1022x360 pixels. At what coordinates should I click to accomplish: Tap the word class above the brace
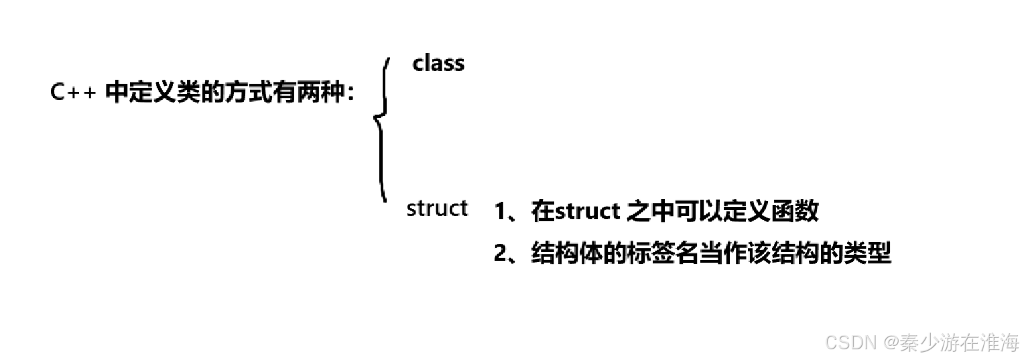[438, 64]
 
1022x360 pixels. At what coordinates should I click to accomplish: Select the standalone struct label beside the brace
[437, 208]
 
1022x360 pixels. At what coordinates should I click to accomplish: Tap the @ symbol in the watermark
[891, 343]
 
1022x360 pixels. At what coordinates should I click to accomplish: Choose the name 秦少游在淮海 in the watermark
[959, 343]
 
